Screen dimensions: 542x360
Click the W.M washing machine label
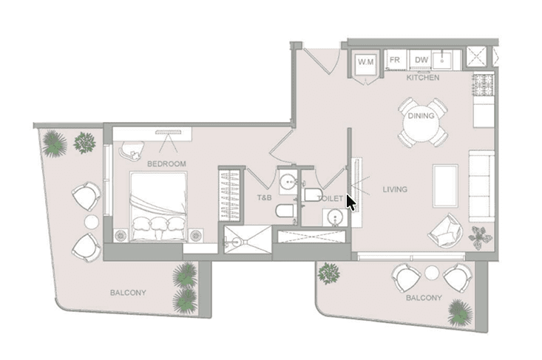366,62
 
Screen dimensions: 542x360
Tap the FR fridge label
395,60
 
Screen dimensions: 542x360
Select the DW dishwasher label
421,60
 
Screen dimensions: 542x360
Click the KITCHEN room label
423,78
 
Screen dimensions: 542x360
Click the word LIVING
395,189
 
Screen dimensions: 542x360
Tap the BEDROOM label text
166,164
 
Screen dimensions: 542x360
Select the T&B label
264,197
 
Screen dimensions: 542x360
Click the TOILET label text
331,198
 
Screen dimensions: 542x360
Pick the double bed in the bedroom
159,206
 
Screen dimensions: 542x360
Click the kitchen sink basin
442,61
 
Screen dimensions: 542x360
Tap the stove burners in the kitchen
484,85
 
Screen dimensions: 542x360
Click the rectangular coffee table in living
446,186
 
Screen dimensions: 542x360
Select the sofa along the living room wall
481,186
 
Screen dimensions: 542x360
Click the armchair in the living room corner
446,231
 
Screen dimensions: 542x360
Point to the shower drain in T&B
237,240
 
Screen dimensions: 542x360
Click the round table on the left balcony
92,222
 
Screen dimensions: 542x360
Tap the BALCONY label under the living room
424,298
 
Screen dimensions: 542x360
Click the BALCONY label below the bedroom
128,293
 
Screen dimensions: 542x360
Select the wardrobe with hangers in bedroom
230,195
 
